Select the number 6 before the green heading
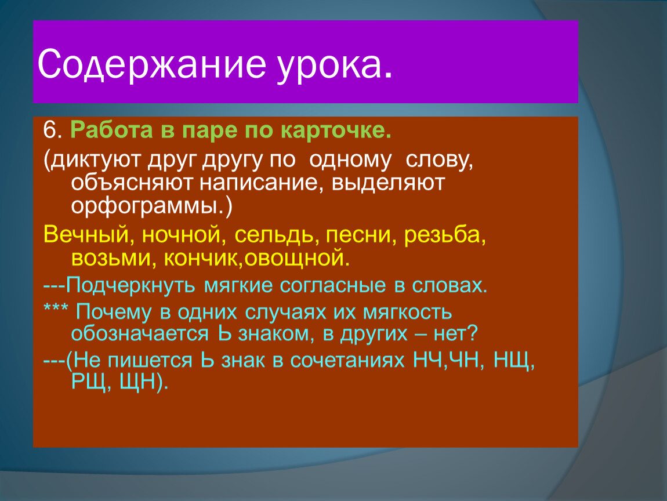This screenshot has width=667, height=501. coord(50,130)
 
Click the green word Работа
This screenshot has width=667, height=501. coord(111,130)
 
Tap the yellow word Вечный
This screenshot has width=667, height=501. coord(86,235)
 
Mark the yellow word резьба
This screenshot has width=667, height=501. coord(441,234)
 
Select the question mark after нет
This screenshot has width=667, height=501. coord(472,334)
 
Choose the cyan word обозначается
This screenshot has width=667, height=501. coord(140,334)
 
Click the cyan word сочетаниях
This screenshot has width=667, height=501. coord(347,361)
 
